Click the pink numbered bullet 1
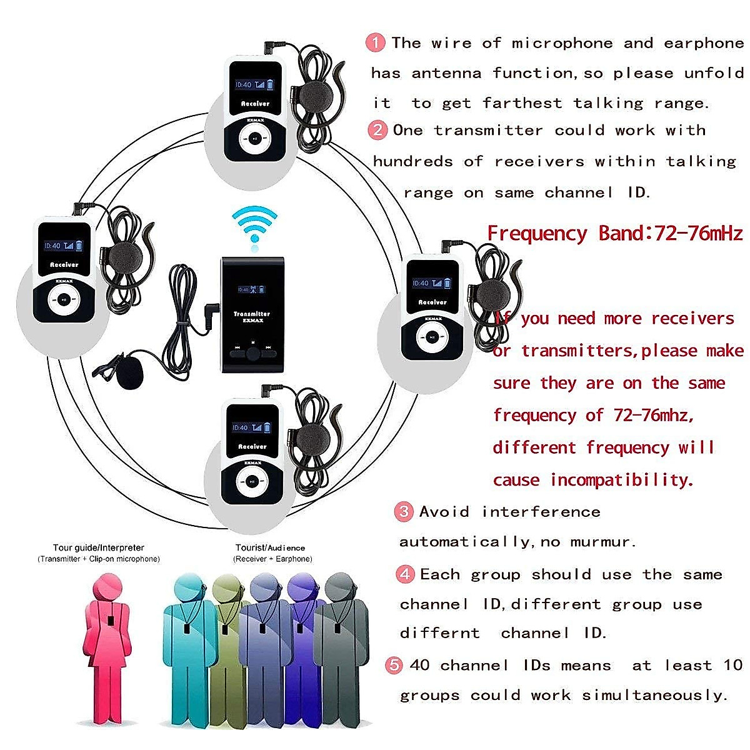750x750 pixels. [x=375, y=42]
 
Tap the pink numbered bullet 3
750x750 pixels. [x=404, y=512]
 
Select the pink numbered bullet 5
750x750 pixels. [x=394, y=665]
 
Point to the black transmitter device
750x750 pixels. [x=252, y=313]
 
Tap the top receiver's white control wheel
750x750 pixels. [x=256, y=139]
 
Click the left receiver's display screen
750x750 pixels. [x=64, y=246]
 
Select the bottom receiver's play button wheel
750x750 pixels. [x=251, y=481]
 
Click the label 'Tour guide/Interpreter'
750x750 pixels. [x=98, y=547]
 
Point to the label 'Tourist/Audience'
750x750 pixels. [x=270, y=547]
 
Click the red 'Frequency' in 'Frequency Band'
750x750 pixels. [x=537, y=233]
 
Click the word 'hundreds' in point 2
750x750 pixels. [x=412, y=161]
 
